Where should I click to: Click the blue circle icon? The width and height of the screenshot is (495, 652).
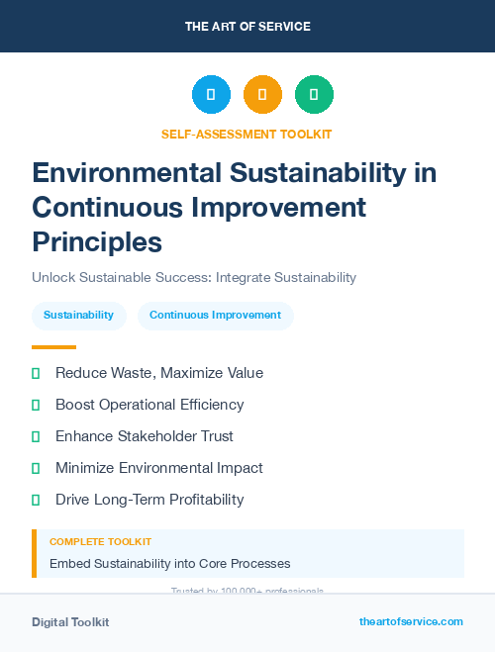[x=211, y=95]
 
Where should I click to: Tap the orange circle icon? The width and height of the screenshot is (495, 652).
[x=262, y=95]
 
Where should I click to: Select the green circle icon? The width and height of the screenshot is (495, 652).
[x=314, y=95]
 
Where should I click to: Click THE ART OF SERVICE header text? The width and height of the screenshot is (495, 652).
[x=247, y=27]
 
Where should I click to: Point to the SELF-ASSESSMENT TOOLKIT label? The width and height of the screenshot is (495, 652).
[x=247, y=134]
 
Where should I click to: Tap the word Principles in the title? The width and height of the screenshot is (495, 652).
[x=97, y=241]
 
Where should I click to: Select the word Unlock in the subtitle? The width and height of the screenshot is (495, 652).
[x=53, y=278]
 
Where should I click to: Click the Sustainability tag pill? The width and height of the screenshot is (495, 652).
[x=78, y=316]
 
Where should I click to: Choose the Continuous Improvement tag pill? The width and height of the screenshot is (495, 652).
[x=215, y=316]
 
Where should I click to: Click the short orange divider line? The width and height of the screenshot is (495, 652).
[x=53, y=347]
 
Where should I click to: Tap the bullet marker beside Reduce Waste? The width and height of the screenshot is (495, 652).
[x=36, y=373]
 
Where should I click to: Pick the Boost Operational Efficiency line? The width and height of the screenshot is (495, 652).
[x=149, y=405]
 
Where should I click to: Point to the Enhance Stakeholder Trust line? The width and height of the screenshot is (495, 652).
[x=145, y=436]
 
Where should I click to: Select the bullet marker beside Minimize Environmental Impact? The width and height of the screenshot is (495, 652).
[x=36, y=468]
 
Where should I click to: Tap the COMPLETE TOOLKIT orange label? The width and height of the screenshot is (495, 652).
[x=100, y=542]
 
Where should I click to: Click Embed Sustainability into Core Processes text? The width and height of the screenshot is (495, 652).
[x=169, y=563]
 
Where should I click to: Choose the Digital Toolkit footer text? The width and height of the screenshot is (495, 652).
[x=70, y=622]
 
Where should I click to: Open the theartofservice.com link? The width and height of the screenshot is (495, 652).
[x=411, y=621]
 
